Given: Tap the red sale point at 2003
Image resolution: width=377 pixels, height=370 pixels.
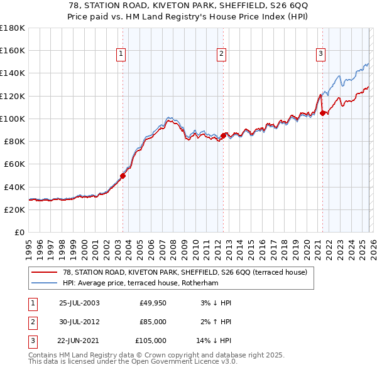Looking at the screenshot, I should [123, 176].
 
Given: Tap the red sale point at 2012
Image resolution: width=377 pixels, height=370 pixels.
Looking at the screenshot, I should [223, 135].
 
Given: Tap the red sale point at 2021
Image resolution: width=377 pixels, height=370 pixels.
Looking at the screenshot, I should [322, 113].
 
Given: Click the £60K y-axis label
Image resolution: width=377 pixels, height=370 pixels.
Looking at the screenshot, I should [14, 164].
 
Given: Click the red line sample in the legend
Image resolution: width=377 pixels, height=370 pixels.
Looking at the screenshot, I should [44, 272].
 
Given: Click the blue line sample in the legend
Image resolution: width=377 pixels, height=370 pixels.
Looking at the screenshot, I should [44, 283].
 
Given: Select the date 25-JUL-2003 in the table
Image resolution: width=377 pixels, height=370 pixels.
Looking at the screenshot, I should [79, 303].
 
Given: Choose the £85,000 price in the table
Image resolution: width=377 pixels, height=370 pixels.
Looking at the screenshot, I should [153, 322].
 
